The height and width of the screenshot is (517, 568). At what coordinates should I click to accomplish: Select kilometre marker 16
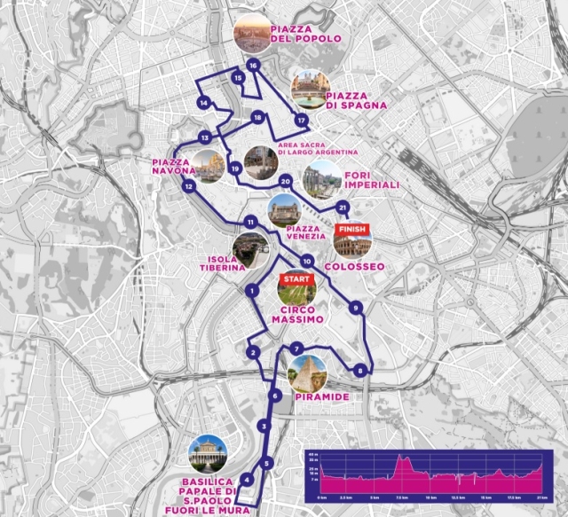pos(253,65)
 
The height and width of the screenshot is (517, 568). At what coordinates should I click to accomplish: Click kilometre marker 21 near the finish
pos(343,208)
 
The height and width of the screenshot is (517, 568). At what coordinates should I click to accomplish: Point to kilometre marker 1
pos(252,290)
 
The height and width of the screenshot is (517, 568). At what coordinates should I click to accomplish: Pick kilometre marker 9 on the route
pos(355,308)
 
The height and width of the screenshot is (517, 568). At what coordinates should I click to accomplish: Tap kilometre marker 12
pos(188,187)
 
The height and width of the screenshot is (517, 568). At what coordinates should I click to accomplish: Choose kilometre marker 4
pos(248,480)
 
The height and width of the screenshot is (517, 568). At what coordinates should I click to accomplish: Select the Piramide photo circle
pos(307,373)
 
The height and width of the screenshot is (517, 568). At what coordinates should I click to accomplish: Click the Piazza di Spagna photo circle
pos(310,86)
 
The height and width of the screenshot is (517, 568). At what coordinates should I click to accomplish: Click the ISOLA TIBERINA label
pos(221,264)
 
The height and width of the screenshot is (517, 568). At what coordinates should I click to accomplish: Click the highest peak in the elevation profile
pos(402,459)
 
